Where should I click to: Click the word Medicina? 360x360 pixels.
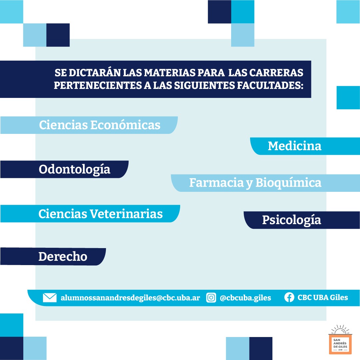tap(294, 146)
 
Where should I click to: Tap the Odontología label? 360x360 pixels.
tap(74, 170)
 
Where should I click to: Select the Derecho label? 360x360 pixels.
tap(63, 256)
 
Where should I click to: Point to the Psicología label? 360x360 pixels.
tap(291, 220)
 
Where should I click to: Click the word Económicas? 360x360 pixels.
tap(125, 125)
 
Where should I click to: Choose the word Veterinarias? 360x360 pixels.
tap(126, 214)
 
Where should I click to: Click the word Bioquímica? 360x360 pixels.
tap(288, 183)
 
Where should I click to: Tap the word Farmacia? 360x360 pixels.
tap(216, 183)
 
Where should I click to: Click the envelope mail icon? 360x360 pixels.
tap(50, 298)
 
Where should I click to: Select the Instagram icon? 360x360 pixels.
tap(211, 298)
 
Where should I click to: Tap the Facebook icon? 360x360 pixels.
tap(289, 297)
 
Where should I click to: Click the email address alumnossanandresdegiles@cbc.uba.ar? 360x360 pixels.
tap(130, 298)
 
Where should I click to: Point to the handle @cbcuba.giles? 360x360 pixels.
tap(245, 298)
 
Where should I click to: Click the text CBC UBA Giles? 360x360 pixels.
tap(323, 297)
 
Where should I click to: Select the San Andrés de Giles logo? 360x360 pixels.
tap(340, 339)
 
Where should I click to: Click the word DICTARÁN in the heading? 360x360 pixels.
tap(95, 73)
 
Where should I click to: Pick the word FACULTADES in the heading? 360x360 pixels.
tap(270, 85)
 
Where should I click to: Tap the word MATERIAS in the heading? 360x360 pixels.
tap(170, 73)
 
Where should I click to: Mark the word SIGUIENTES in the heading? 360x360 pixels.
tap(204, 85)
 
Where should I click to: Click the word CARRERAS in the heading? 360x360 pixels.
tap(276, 73)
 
